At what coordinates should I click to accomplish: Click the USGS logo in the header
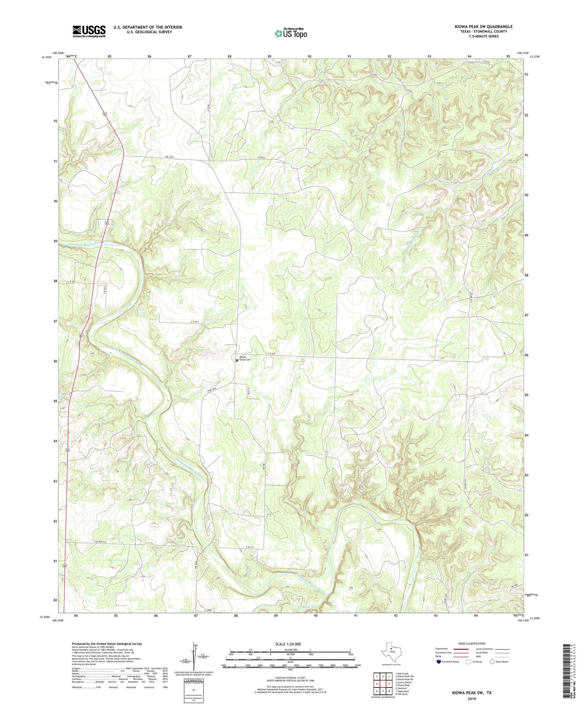pos(89,31)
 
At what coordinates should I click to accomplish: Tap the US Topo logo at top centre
pos(291,33)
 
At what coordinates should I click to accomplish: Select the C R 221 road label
pos(195,322)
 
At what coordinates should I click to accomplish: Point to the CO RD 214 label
pos(100,542)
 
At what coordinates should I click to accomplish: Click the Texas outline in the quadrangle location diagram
pos(390,653)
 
